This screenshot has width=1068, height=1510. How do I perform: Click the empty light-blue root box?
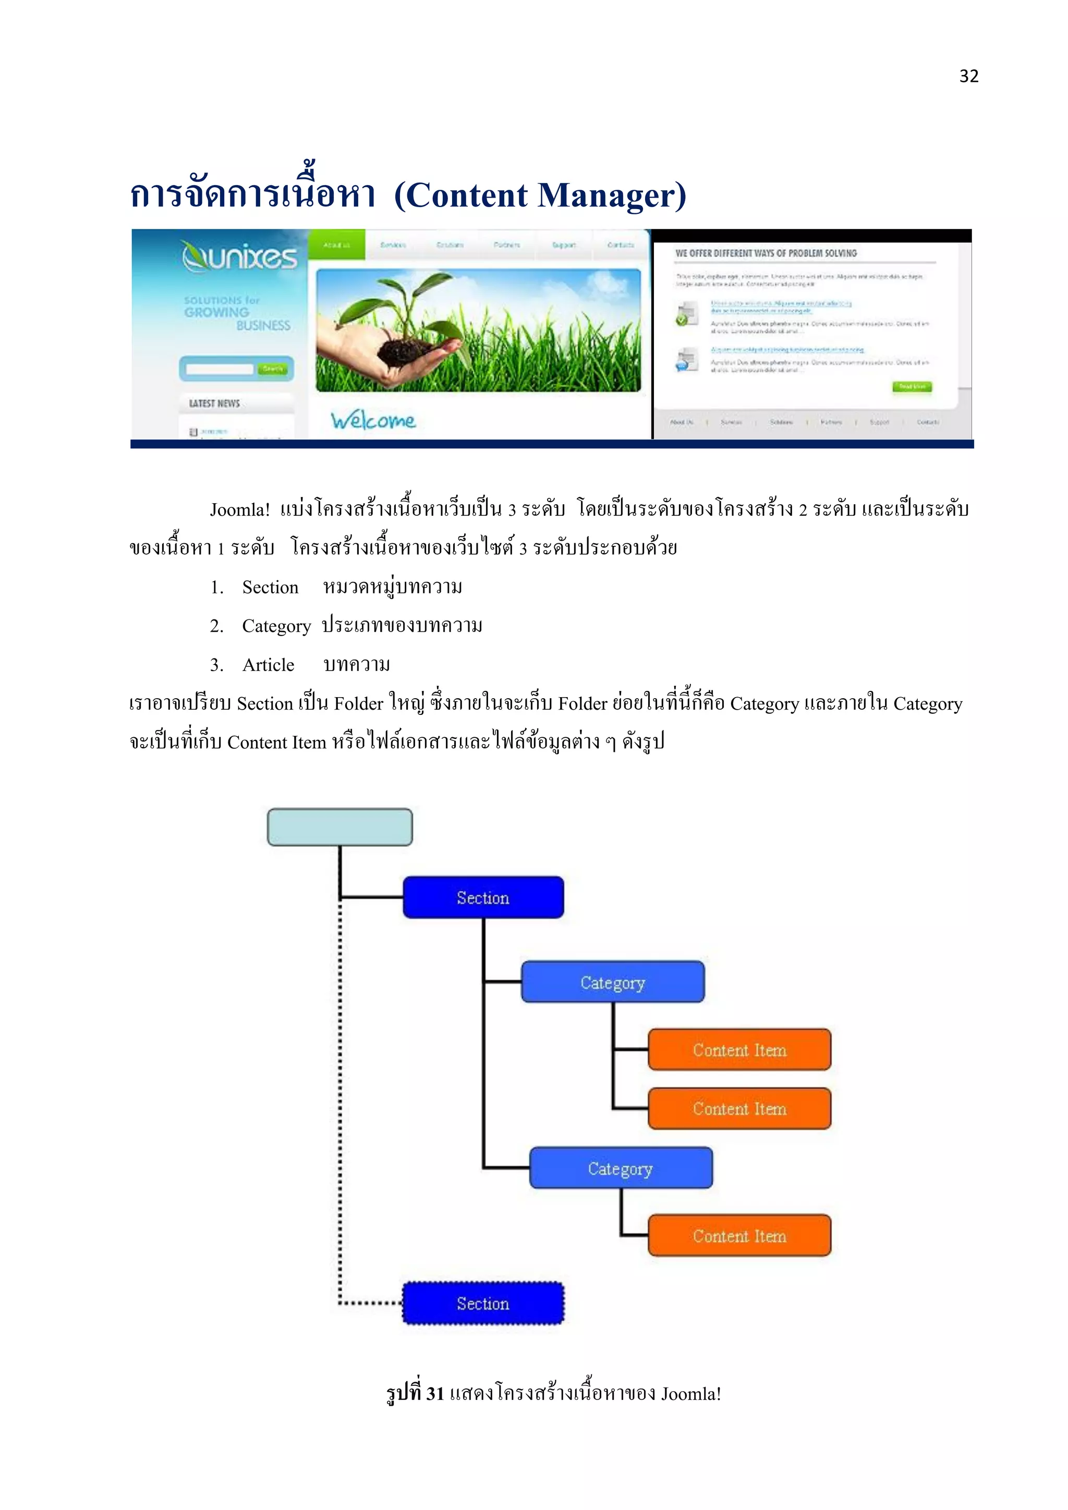(x=339, y=826)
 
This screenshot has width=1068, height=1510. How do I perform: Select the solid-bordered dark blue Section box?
(x=483, y=897)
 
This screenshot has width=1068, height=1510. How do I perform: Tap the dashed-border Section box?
(x=483, y=1303)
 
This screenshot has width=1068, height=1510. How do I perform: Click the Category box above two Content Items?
(x=612, y=982)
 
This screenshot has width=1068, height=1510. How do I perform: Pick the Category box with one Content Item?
(x=620, y=1168)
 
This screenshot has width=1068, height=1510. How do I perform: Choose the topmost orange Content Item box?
(x=739, y=1050)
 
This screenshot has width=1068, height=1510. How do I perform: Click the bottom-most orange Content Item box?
(x=739, y=1236)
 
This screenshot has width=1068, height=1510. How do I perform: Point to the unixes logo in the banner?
(x=239, y=257)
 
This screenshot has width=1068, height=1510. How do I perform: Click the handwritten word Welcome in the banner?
(x=373, y=420)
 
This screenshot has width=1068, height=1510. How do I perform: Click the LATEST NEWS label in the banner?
(x=214, y=403)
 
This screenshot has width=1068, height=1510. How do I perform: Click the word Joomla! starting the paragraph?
(x=239, y=510)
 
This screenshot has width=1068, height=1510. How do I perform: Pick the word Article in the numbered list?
(x=269, y=665)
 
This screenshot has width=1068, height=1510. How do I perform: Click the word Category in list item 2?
(x=276, y=626)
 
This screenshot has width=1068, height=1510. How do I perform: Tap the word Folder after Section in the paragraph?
(x=358, y=704)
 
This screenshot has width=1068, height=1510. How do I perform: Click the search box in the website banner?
(x=220, y=369)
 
